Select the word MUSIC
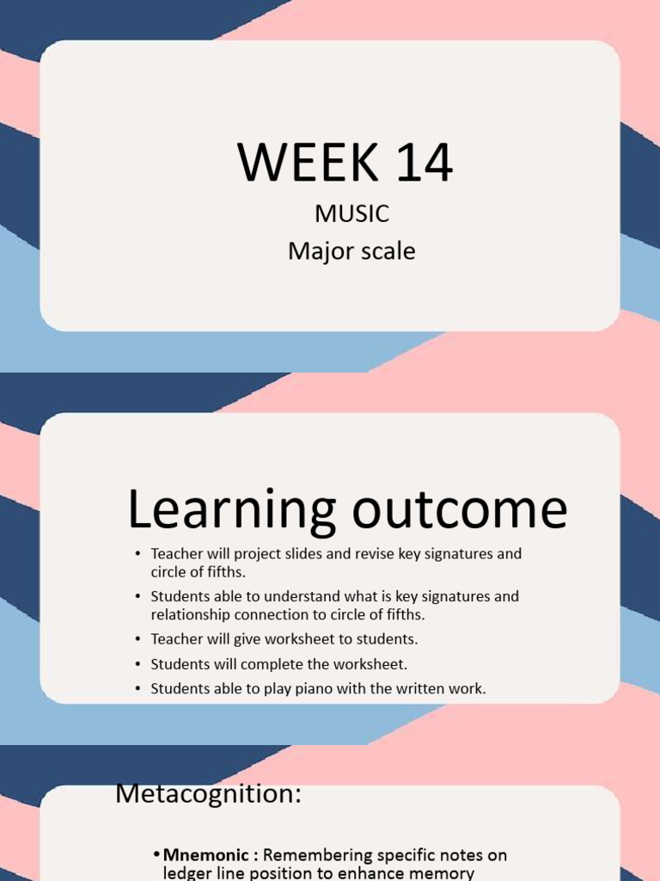coord(351,213)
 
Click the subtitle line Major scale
coord(351,251)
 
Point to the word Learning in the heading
coord(231,509)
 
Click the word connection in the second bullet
coord(274,614)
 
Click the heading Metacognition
coord(208,794)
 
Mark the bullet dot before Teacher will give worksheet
coord(138,639)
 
